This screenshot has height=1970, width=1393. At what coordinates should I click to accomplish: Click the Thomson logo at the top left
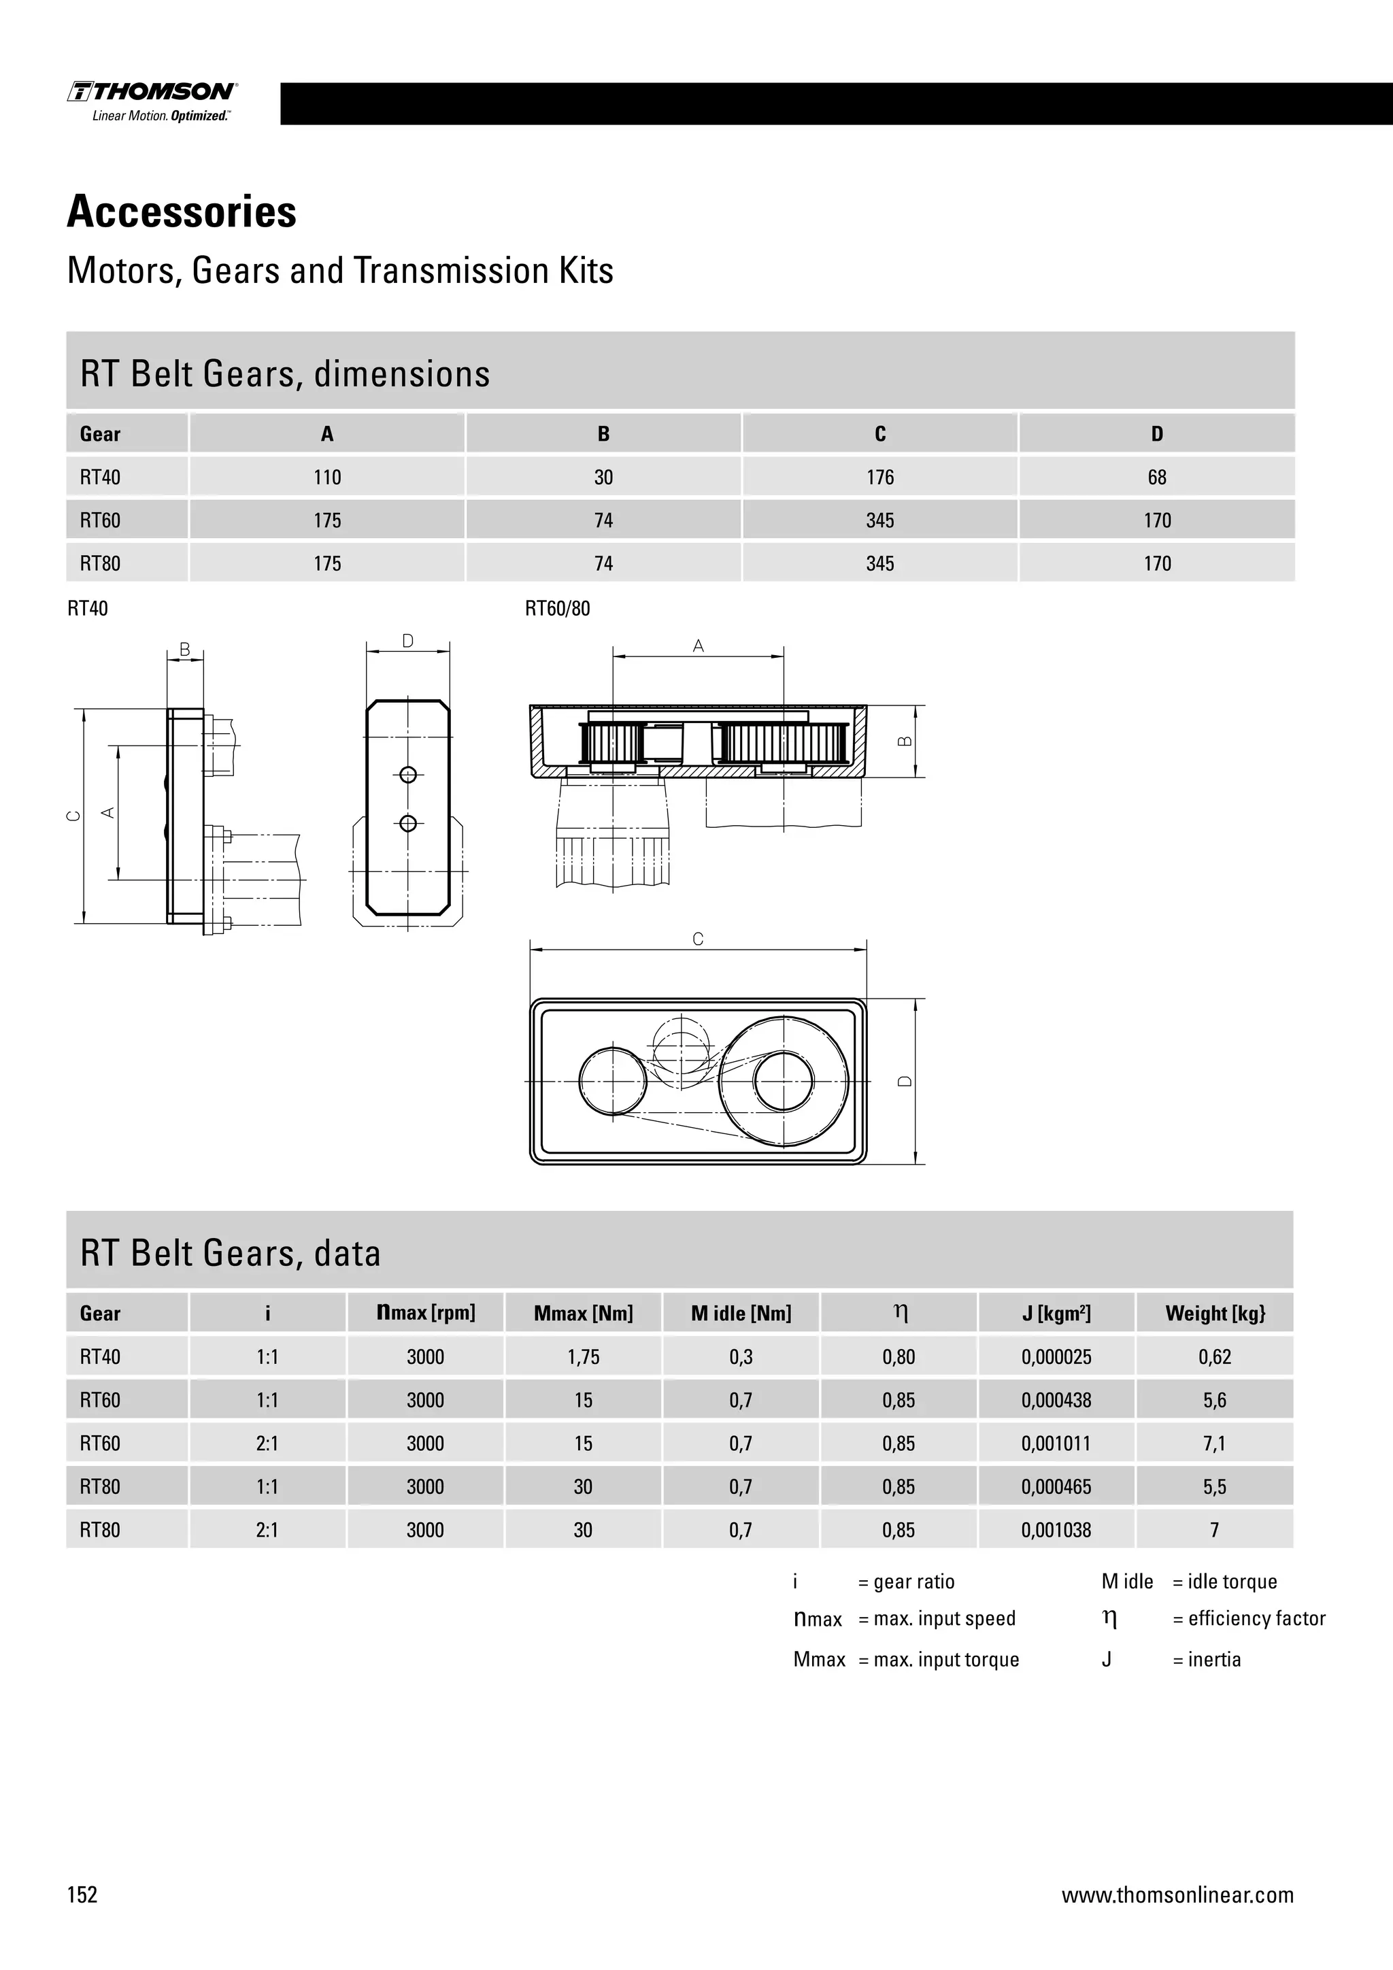(x=152, y=101)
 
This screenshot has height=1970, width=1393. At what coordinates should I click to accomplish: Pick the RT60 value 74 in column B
(x=603, y=521)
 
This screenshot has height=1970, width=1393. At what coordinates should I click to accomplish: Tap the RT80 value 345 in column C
(x=879, y=564)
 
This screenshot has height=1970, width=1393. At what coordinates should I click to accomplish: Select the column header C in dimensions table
(x=879, y=434)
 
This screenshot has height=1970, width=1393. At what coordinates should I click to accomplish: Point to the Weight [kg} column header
(x=1215, y=1314)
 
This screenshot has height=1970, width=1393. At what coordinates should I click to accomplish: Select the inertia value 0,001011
(x=1055, y=1443)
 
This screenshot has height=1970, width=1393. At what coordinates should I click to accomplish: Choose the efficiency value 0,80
(x=898, y=1357)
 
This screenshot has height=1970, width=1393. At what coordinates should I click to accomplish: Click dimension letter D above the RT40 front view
(x=407, y=641)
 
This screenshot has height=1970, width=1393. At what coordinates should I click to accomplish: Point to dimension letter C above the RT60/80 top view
(x=697, y=939)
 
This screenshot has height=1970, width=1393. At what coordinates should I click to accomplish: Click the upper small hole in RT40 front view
(x=408, y=775)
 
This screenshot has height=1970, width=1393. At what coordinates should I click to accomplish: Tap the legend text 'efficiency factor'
(x=1256, y=1618)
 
